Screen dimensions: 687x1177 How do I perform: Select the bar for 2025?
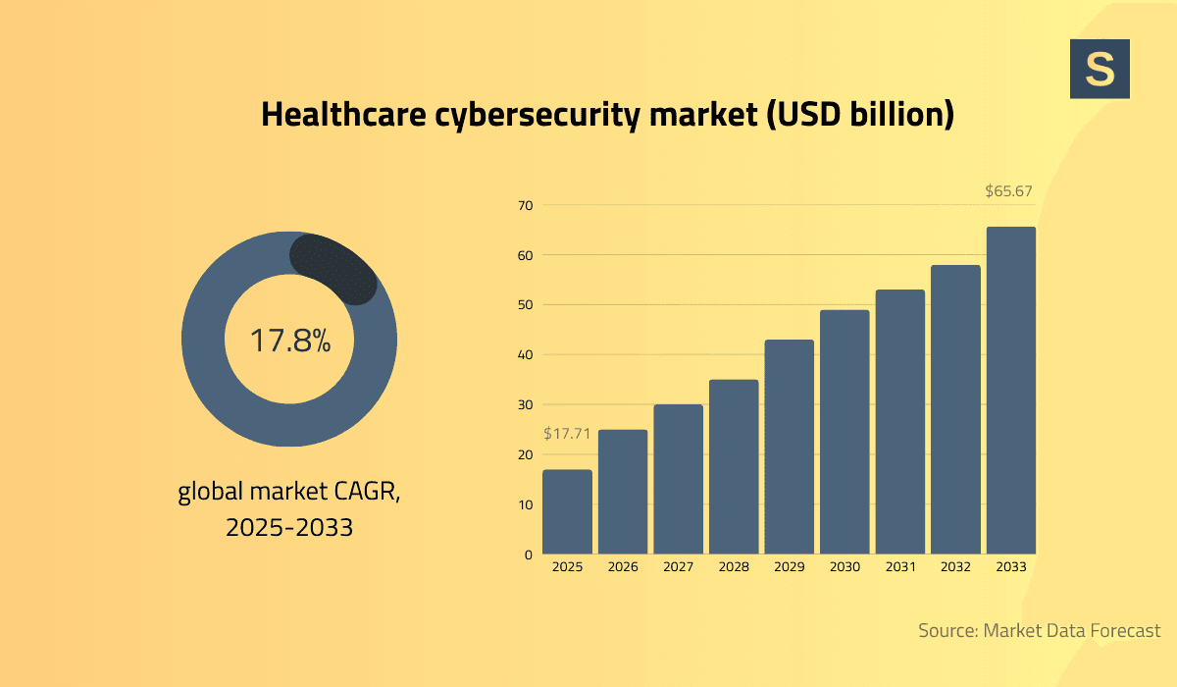(567, 512)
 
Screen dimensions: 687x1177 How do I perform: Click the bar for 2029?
(789, 448)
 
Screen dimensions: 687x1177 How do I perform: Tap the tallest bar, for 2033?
(1010, 391)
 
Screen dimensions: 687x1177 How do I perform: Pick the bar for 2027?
(678, 480)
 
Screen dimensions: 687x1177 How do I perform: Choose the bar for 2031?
(899, 422)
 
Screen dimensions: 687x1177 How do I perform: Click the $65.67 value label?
(1008, 191)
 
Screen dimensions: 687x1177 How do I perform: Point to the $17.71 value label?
(567, 433)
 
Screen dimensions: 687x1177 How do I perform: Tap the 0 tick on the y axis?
(528, 555)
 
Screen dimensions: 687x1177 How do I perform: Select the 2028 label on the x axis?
(734, 567)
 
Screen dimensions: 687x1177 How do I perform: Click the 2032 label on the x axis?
(955, 567)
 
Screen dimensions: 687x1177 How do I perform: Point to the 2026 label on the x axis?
(623, 567)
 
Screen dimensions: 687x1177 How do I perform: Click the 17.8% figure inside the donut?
(289, 341)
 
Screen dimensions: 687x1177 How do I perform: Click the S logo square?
(1100, 69)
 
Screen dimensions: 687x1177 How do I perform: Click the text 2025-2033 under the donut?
(289, 527)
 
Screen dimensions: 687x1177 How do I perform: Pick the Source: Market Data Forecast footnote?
(1039, 630)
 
